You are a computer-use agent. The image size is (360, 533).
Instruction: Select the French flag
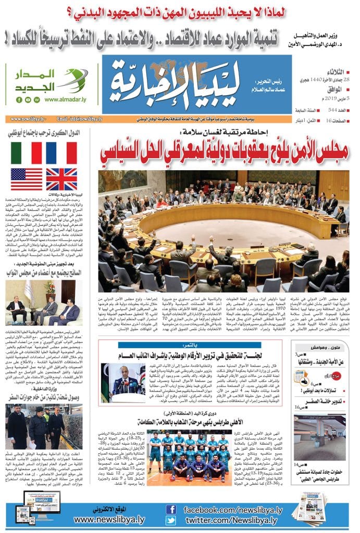pos(61,153)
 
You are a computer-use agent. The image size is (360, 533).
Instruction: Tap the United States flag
pos(27,179)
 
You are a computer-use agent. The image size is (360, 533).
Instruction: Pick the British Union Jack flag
pos(61,179)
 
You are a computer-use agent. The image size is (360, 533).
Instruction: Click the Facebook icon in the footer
pos(170,509)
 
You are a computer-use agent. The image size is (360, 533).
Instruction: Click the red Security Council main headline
pos(224,148)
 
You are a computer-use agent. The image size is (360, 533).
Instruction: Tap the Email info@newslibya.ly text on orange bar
pos(79,119)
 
